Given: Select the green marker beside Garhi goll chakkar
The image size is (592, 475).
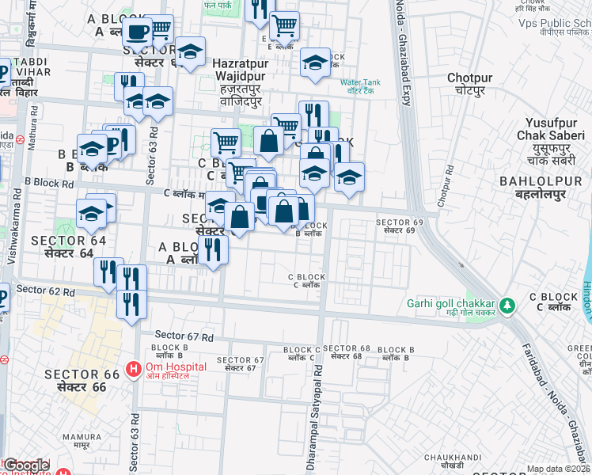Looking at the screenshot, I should click(x=507, y=304).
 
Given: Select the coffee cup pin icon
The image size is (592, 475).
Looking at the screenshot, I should click(x=137, y=32).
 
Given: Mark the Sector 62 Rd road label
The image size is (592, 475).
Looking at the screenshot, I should click(x=45, y=292).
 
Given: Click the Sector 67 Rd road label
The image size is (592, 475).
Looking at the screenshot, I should click(x=184, y=336).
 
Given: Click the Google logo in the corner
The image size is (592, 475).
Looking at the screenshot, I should click(x=26, y=465).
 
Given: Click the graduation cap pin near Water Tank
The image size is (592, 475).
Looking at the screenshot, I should click(x=315, y=63).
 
